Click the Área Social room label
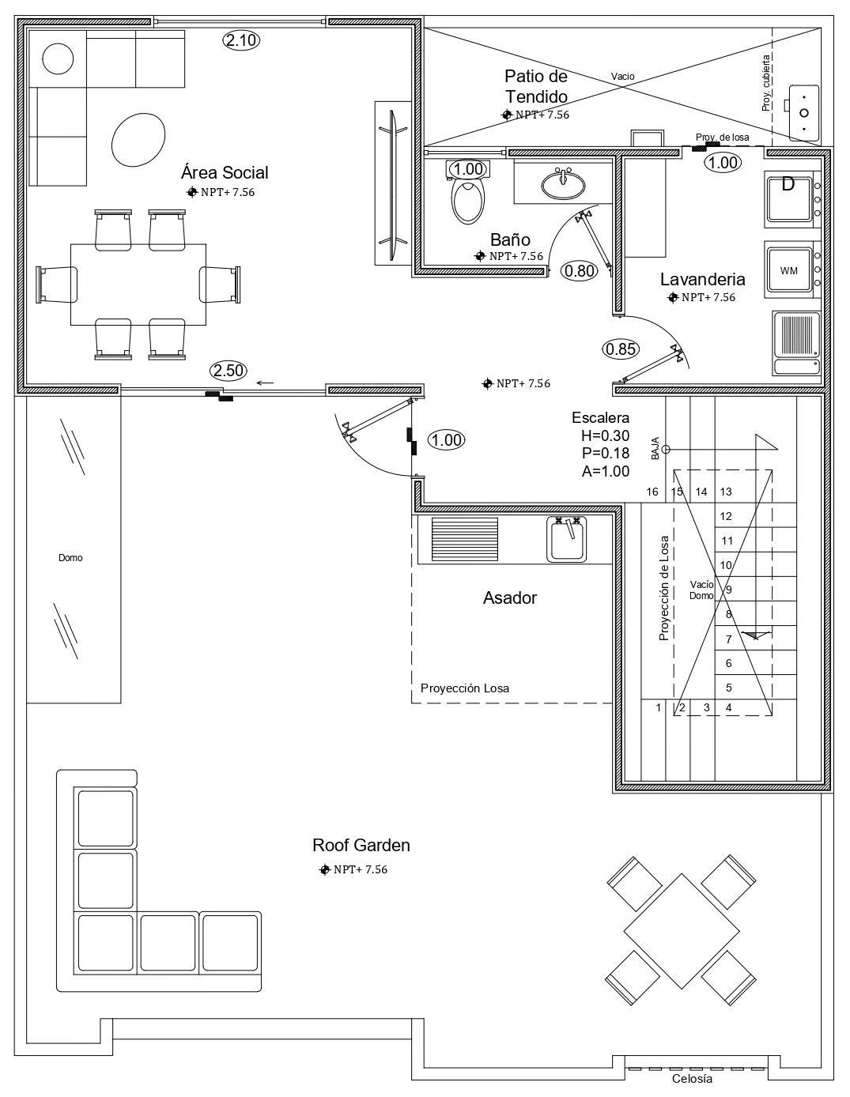pyautogui.click(x=225, y=172)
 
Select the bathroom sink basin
pyautogui.click(x=563, y=184)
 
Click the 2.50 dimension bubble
pyautogui.click(x=229, y=371)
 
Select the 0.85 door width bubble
pyautogui.click(x=621, y=349)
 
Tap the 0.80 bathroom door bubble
pyautogui.click(x=580, y=271)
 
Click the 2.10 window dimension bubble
pyautogui.click(x=241, y=40)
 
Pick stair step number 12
pyautogui.click(x=726, y=516)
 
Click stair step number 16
pyautogui.click(x=652, y=492)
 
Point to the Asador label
pyautogui.click(x=509, y=598)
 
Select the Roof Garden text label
pyautogui.click(x=361, y=845)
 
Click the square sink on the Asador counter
pyautogui.click(x=566, y=539)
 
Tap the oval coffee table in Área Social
pyautogui.click(x=138, y=140)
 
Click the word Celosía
pyautogui.click(x=692, y=1080)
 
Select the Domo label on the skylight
pyautogui.click(x=70, y=558)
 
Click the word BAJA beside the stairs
pyautogui.click(x=655, y=448)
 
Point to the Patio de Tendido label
pyautogui.click(x=536, y=86)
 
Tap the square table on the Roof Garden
pyautogui.click(x=682, y=931)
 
